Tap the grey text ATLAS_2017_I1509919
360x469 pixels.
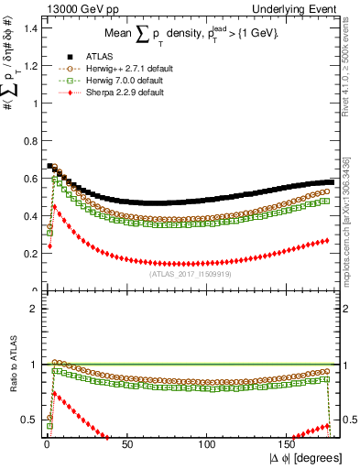point(191,272)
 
